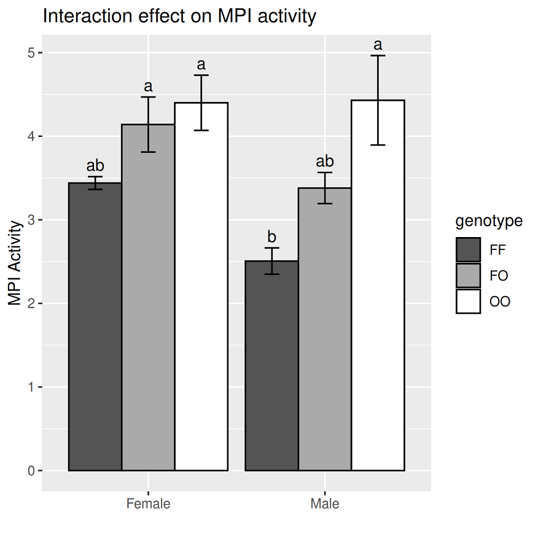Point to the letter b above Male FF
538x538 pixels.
click(x=272, y=236)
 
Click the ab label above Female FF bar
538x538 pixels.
click(x=95, y=165)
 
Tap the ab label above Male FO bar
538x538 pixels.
click(x=325, y=162)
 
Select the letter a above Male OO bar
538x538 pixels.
click(x=378, y=45)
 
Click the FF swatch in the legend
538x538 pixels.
click(x=468, y=250)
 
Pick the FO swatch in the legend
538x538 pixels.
click(x=468, y=276)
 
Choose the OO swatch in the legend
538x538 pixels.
click(x=468, y=302)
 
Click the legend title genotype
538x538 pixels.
click(x=489, y=221)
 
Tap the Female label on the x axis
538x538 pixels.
click(x=148, y=505)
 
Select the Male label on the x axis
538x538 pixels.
click(x=325, y=505)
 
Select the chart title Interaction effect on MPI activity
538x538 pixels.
click(x=179, y=17)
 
